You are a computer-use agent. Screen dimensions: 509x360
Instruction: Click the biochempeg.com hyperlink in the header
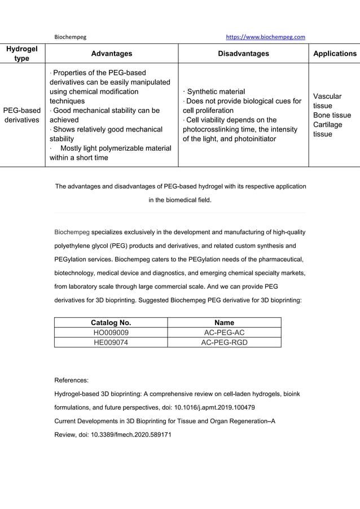[x=265, y=37]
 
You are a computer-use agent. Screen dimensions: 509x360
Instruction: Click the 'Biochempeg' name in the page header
[x=70, y=37]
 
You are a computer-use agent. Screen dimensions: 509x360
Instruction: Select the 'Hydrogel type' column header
[x=22, y=54]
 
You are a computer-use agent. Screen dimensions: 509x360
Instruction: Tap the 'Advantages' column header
[x=112, y=54]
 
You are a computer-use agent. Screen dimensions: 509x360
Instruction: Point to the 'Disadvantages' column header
[x=243, y=54]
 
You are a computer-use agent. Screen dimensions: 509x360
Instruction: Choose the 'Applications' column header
[x=335, y=54]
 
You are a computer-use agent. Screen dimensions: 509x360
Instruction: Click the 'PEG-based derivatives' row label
[x=22, y=115]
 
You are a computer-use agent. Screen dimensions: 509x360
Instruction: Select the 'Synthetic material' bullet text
[x=216, y=91]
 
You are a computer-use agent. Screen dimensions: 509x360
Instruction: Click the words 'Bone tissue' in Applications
[x=332, y=115]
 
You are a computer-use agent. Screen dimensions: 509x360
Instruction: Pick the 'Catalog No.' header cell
[x=111, y=323]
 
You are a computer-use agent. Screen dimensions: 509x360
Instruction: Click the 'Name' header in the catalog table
[x=224, y=323]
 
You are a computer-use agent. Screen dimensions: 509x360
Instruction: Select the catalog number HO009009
[x=111, y=332]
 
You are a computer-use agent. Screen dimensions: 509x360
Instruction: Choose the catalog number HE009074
[x=111, y=342]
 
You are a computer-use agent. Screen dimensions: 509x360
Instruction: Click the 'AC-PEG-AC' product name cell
[x=224, y=332]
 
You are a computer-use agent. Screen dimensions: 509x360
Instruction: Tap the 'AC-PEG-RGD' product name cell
[x=224, y=342]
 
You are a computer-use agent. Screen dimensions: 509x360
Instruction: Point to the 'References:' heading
[x=71, y=380]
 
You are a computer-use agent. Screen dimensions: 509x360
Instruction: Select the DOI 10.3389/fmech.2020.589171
[x=131, y=435]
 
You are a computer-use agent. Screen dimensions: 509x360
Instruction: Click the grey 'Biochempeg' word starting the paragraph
[x=72, y=232]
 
